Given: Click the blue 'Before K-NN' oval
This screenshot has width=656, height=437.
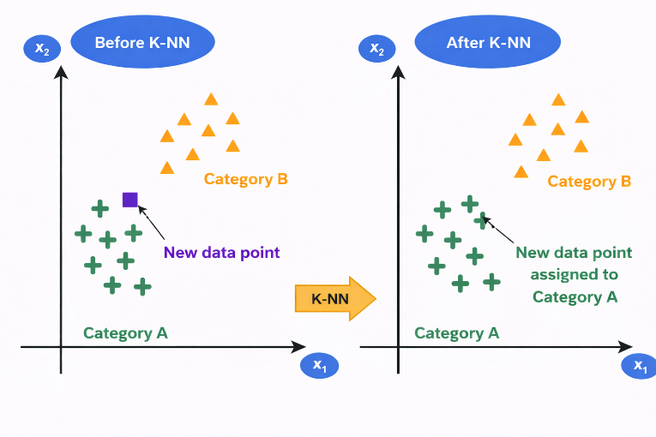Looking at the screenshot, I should pyautogui.click(x=142, y=43).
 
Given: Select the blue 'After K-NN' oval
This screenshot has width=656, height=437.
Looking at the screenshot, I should pyautogui.click(x=487, y=43).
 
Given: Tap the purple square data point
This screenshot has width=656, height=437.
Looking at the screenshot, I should pyautogui.click(x=129, y=200).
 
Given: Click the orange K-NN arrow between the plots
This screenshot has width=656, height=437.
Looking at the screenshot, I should pyautogui.click(x=335, y=299).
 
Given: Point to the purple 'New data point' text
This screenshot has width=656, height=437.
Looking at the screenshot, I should pyautogui.click(x=221, y=253).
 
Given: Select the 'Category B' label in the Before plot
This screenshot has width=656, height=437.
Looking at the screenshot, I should pyautogui.click(x=245, y=179).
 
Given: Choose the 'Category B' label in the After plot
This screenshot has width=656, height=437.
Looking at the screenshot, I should pyautogui.click(x=589, y=182).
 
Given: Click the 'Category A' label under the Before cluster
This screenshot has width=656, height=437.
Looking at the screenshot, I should pyautogui.click(x=125, y=332).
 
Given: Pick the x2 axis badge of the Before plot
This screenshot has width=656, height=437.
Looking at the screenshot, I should pyautogui.click(x=42, y=49).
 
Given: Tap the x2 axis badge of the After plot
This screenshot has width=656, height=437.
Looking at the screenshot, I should pyautogui.click(x=376, y=49).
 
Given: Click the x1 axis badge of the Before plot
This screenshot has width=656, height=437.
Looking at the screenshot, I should pyautogui.click(x=319, y=366).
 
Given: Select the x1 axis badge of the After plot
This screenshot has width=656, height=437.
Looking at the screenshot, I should pyautogui.click(x=640, y=366).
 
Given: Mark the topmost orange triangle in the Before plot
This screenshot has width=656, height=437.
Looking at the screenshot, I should pyautogui.click(x=211, y=99).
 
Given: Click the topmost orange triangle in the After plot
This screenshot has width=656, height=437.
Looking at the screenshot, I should pyautogui.click(x=558, y=100).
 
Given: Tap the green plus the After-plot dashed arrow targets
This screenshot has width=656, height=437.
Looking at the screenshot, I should pyautogui.click(x=483, y=219).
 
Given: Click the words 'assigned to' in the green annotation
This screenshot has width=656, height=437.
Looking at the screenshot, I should pyautogui.click(x=575, y=275).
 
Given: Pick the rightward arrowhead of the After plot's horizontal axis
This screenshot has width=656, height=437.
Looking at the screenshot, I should pyautogui.click(x=626, y=347).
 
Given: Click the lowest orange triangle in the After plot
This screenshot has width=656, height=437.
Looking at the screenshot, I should pyautogui.click(x=521, y=171).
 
